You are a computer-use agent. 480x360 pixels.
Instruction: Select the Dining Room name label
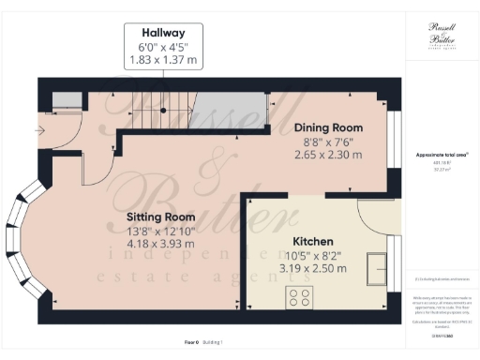click(x=328, y=127)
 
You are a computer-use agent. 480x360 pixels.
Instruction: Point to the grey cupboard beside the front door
click(x=65, y=101)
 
